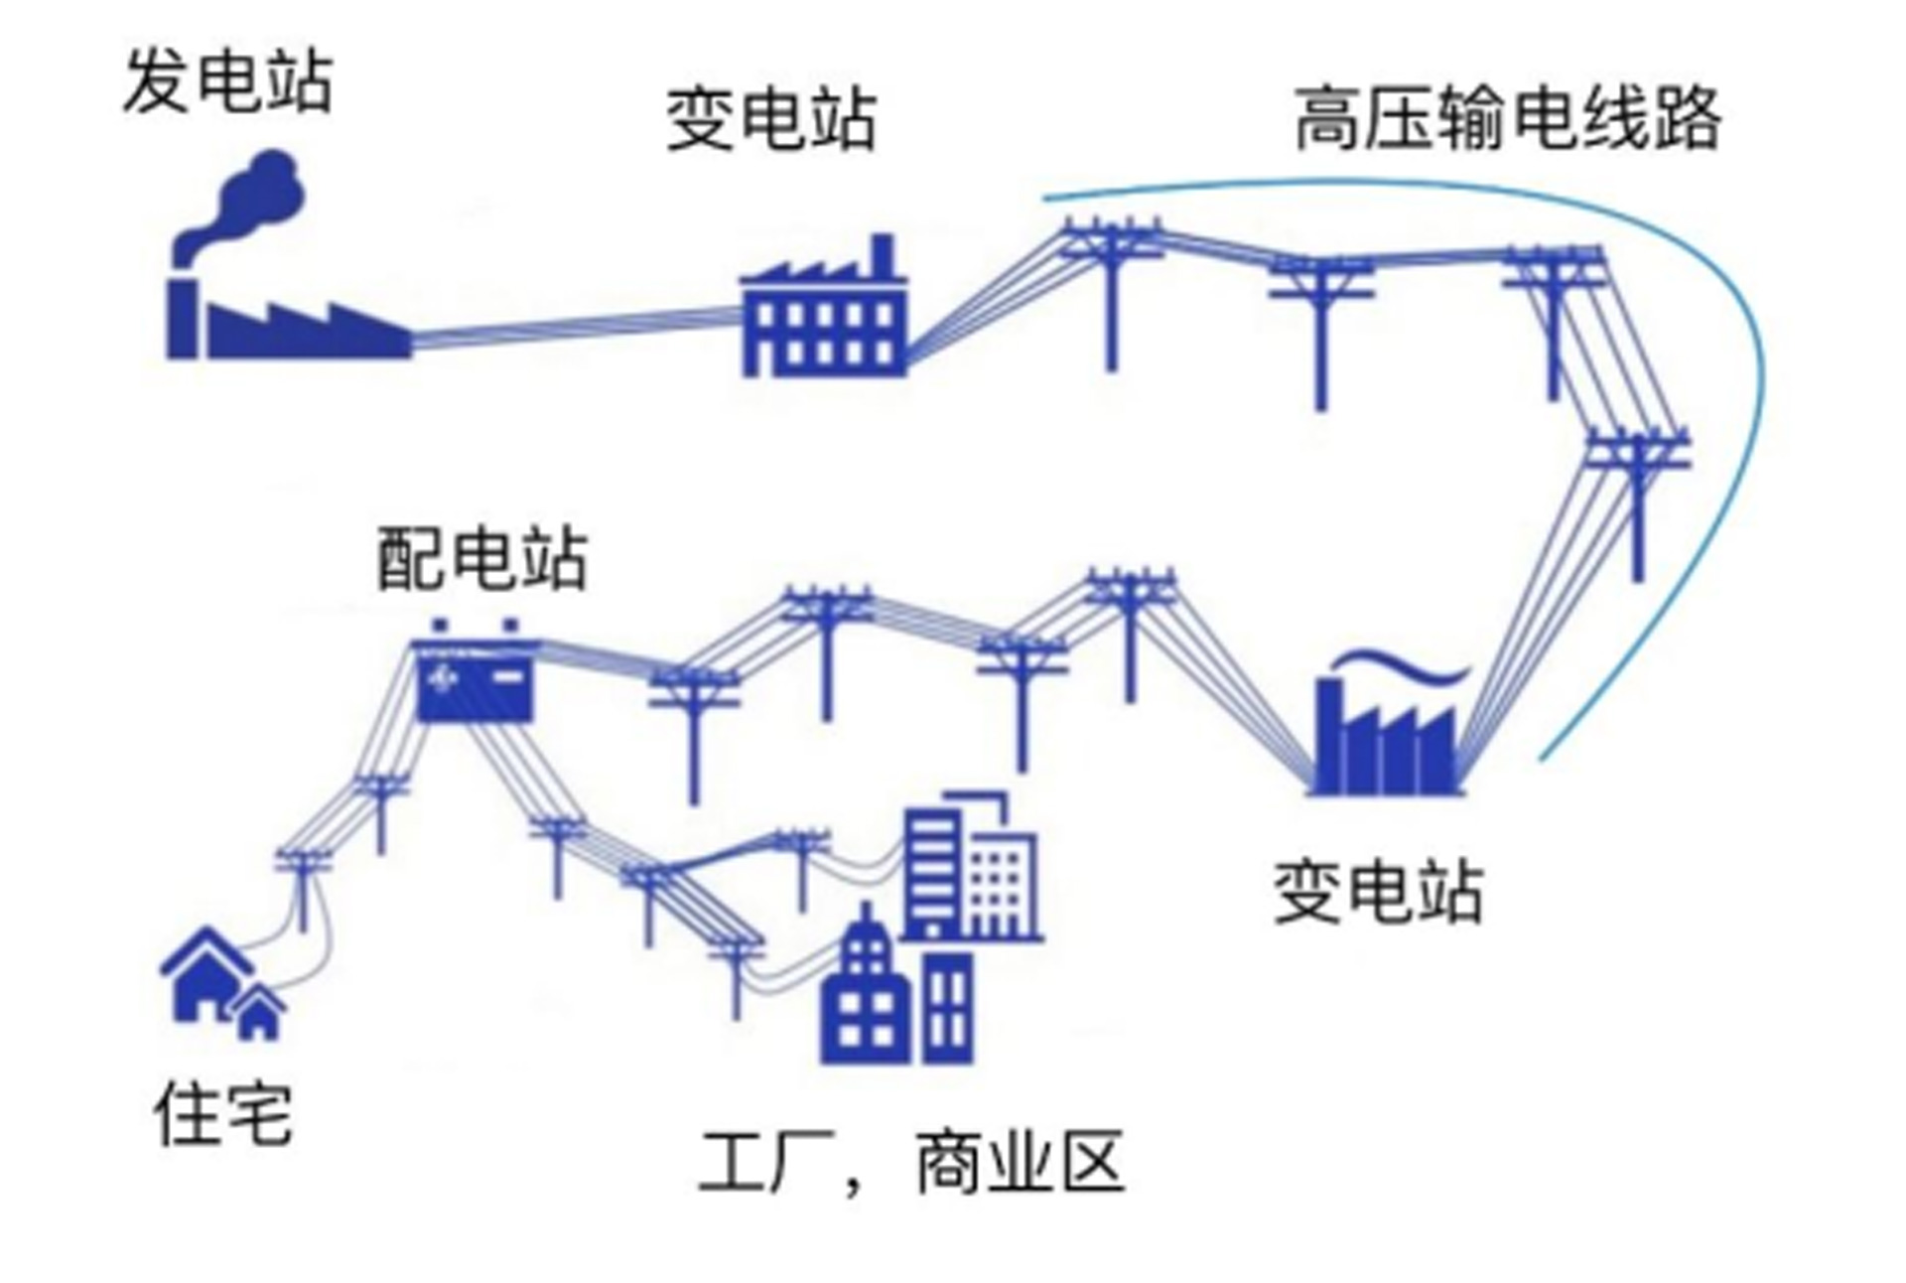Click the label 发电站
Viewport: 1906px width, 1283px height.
point(228,81)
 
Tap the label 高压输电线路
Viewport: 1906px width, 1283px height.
point(1507,119)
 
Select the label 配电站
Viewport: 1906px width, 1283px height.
point(482,558)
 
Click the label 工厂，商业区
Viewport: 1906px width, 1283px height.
point(911,1162)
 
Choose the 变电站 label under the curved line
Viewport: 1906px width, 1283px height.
point(1379,892)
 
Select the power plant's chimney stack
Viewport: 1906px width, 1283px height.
point(181,318)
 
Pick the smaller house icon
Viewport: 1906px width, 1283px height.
point(259,1013)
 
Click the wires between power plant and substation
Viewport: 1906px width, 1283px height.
point(576,328)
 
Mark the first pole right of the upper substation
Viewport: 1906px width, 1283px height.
point(1111,288)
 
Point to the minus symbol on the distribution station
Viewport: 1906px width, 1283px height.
point(509,676)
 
